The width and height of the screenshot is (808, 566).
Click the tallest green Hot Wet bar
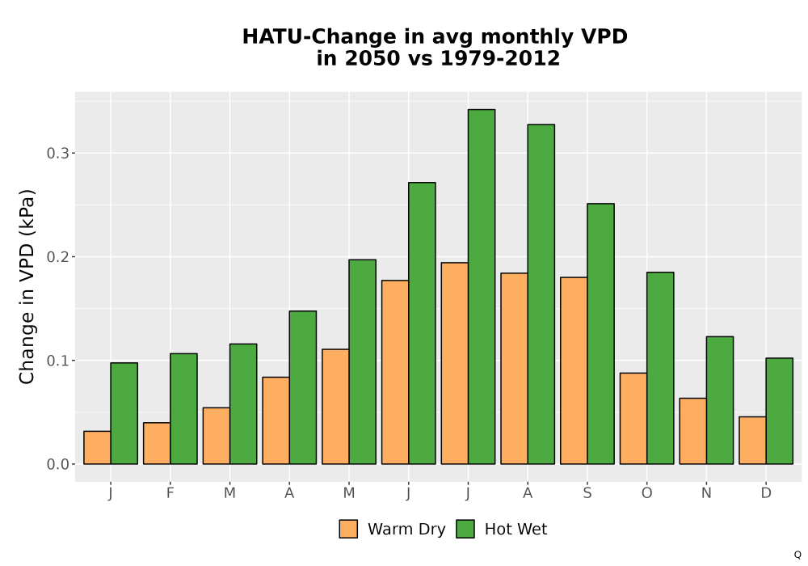[482, 286]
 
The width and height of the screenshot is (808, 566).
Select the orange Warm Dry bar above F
[157, 443]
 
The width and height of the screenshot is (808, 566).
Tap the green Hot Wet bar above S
[601, 334]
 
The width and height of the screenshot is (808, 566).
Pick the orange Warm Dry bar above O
[633, 419]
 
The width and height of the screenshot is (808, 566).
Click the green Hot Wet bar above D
[779, 411]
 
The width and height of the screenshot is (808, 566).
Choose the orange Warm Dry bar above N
[693, 431]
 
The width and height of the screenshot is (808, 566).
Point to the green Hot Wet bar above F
[183, 409]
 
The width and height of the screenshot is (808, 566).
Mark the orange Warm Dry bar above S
[574, 370]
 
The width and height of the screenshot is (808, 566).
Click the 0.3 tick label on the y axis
[57, 153]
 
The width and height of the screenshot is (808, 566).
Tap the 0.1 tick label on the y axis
[57, 361]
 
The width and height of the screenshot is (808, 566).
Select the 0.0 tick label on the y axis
[57, 464]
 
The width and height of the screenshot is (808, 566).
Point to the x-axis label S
[587, 493]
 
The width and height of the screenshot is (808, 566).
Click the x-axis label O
[646, 493]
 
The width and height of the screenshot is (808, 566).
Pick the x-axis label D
[766, 493]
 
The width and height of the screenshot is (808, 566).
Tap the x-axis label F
[170, 493]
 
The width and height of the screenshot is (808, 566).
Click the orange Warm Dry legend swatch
[348, 529]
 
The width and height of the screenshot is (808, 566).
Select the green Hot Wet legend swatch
[465, 529]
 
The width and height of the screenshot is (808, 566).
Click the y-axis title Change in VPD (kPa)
[27, 286]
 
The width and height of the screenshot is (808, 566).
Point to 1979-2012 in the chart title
[500, 58]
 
